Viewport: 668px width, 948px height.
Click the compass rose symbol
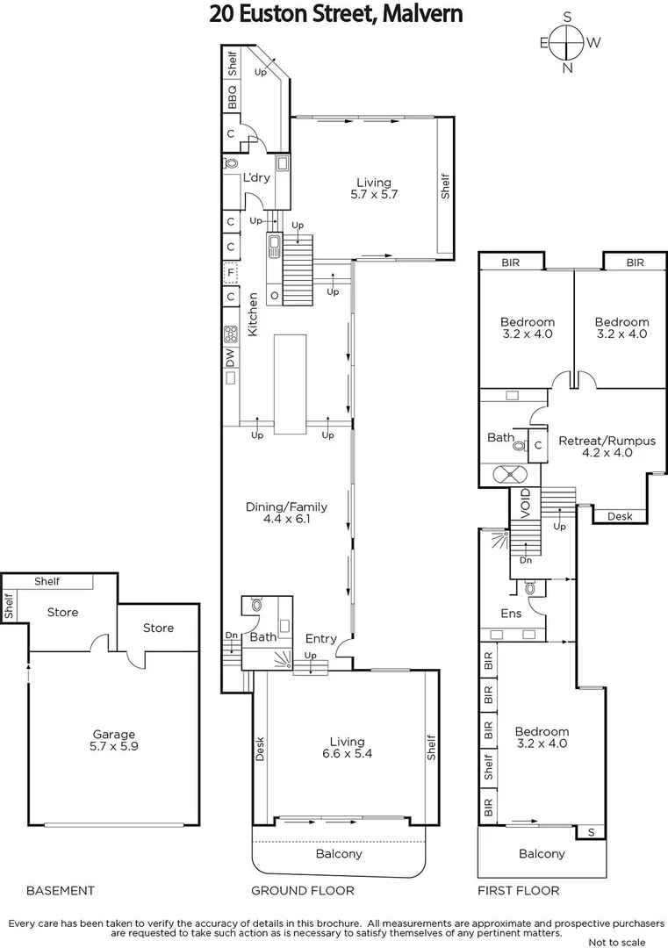[568, 41]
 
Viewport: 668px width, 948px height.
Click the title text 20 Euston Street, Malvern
[335, 14]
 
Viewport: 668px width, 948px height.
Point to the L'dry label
[256, 178]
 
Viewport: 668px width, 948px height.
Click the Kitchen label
[252, 315]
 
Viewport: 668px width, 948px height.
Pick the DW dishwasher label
[230, 357]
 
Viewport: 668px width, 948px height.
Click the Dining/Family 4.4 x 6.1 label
[286, 513]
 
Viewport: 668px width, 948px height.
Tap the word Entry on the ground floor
[320, 639]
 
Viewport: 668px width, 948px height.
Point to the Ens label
[511, 614]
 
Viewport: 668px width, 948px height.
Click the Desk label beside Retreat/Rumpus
[620, 517]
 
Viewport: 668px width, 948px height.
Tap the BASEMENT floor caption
[60, 890]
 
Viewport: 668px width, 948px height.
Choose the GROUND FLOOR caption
[303, 890]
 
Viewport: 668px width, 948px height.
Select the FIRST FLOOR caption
[518, 890]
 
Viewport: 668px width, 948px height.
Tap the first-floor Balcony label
[542, 853]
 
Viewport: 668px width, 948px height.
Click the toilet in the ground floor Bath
[255, 605]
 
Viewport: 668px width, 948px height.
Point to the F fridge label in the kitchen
[230, 272]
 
